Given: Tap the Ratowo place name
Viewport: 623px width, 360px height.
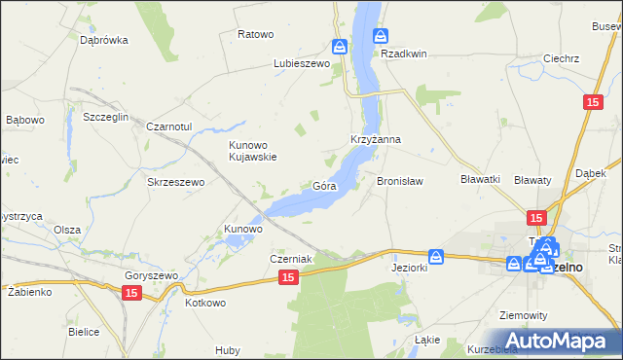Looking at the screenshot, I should (255, 34).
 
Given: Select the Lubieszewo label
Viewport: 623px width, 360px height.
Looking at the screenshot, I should (302, 64).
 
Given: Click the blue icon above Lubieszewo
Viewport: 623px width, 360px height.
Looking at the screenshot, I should (339, 47).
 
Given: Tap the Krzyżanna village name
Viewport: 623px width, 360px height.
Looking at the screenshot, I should (376, 140).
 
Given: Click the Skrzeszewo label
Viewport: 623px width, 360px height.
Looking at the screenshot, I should (174, 182).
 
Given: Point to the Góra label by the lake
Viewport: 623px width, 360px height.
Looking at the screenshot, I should (324, 185).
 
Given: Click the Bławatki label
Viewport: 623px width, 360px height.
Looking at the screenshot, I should (480, 179).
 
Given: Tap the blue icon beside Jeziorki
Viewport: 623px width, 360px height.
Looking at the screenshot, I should (437, 256).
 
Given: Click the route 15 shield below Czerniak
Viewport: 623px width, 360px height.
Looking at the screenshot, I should (287, 278).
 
